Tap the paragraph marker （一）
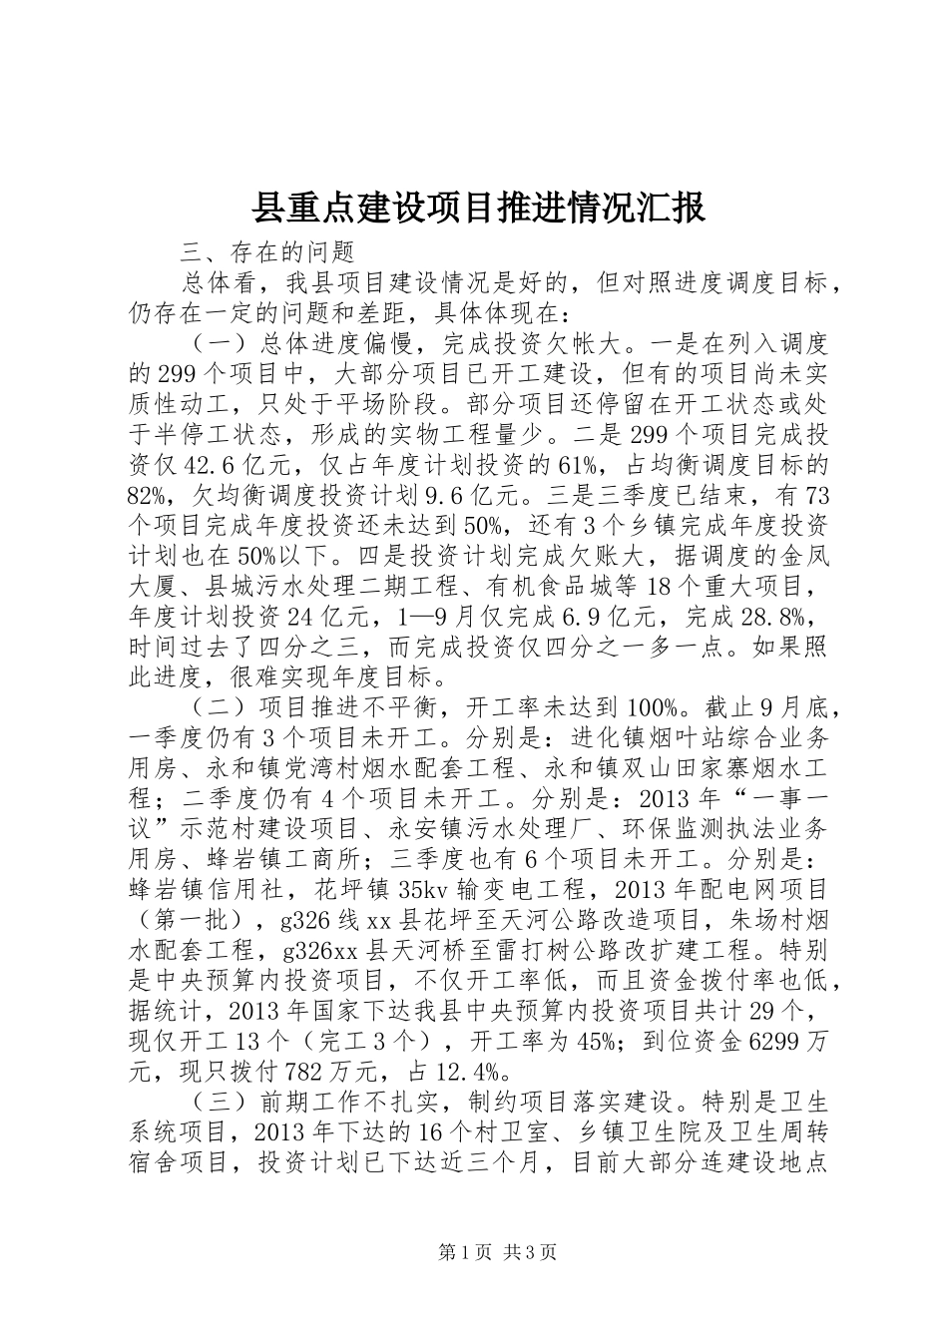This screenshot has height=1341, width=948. (x=211, y=345)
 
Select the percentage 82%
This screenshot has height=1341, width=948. (x=151, y=496)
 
